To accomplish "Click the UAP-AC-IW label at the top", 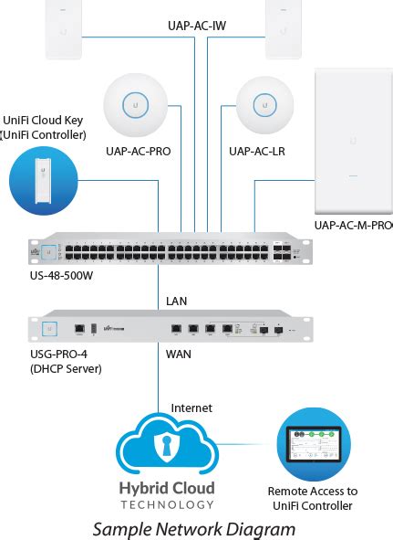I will click(197, 26).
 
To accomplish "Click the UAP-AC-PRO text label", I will click(138, 151).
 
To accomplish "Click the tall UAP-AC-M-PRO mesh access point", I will click(352, 141).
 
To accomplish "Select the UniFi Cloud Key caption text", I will click(45, 127).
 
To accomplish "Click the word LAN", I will click(177, 300).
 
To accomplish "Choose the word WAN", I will click(178, 350).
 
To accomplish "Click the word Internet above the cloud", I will click(191, 408).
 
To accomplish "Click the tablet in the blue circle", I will click(313, 445).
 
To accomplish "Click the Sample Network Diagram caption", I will click(195, 528).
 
